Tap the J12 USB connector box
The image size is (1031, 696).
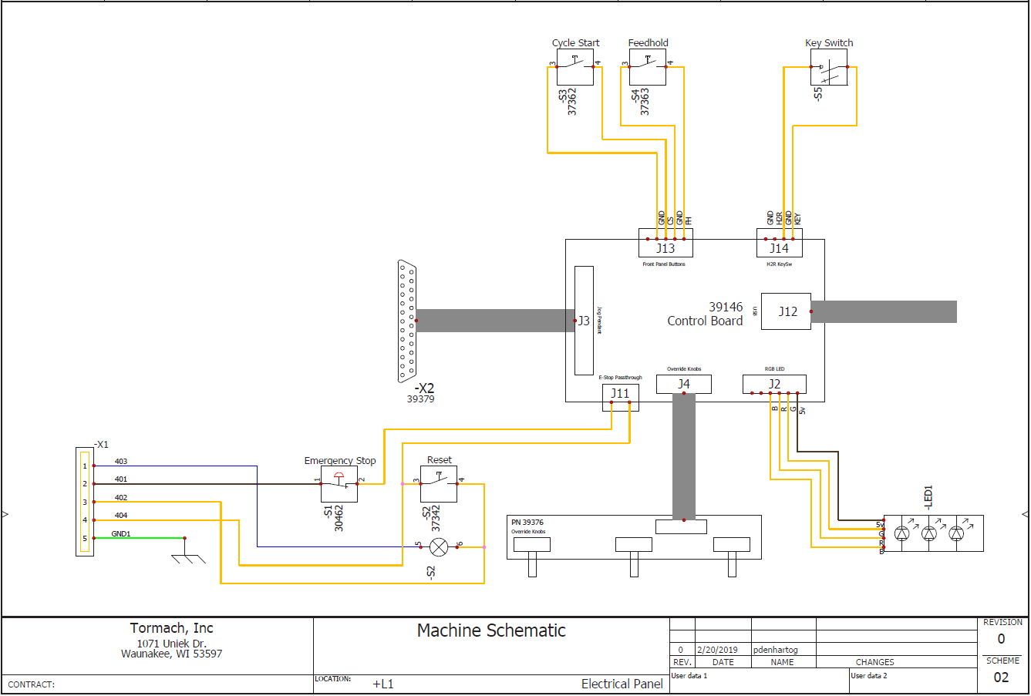pyautogui.click(x=786, y=311)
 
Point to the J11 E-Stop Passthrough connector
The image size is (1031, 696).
pyautogui.click(x=620, y=397)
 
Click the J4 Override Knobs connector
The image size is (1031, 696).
pyautogui.click(x=683, y=384)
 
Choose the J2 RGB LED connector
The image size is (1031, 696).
pyautogui.click(x=774, y=384)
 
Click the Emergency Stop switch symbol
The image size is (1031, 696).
pyautogui.click(x=339, y=484)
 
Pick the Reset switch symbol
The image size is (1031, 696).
pyautogui.click(x=439, y=484)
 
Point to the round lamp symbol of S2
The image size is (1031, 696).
pyautogui.click(x=439, y=547)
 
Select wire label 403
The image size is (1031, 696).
pyautogui.click(x=121, y=462)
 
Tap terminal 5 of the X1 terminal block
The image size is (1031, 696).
pyautogui.click(x=85, y=539)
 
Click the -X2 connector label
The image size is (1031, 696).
pyautogui.click(x=424, y=388)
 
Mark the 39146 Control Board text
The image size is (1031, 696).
pyautogui.click(x=706, y=314)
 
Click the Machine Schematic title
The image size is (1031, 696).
pyautogui.click(x=491, y=630)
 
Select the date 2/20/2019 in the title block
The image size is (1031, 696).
pyautogui.click(x=717, y=650)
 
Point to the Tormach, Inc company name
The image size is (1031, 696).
pyautogui.click(x=171, y=628)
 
